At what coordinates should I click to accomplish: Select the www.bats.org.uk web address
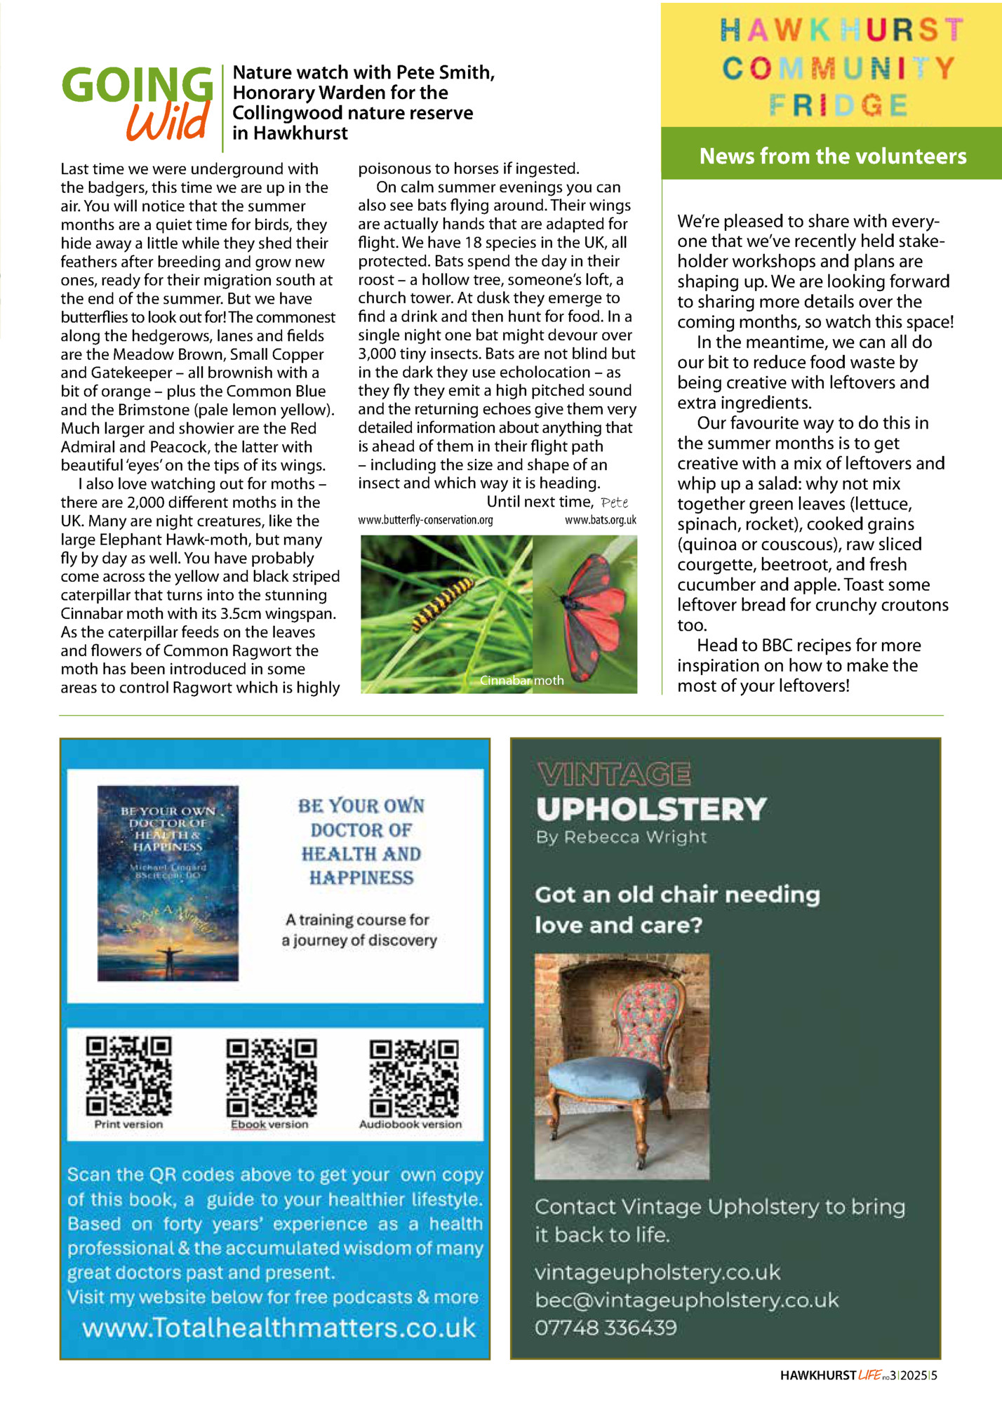click(x=600, y=520)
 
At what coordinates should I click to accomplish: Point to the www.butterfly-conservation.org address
click(x=425, y=520)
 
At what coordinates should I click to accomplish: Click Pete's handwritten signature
click(x=615, y=502)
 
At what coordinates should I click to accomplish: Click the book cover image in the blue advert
click(x=168, y=883)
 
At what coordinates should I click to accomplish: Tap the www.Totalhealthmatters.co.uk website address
click(x=279, y=1328)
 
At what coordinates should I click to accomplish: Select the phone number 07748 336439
click(x=606, y=1328)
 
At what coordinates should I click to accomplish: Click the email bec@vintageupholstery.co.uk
click(x=686, y=1300)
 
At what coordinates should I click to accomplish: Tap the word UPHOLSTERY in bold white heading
click(x=651, y=809)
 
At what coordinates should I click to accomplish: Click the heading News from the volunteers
click(x=832, y=156)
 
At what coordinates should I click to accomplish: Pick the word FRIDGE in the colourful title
click(x=839, y=106)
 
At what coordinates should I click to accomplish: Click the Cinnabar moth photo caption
click(x=521, y=680)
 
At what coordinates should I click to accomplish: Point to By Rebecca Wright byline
click(x=621, y=837)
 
